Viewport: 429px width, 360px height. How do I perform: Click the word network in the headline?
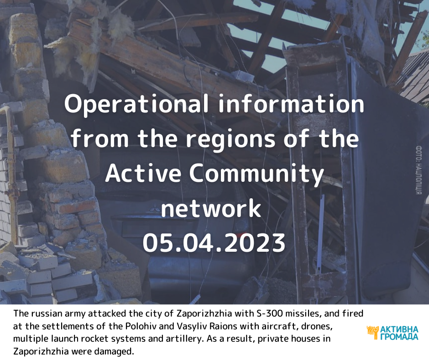click(211, 208)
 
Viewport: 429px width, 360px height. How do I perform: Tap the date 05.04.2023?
click(214, 243)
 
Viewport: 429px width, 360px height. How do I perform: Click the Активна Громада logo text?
click(399, 333)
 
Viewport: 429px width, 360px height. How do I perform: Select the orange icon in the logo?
click(373, 333)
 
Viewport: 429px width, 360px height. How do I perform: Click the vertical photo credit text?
click(419, 170)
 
